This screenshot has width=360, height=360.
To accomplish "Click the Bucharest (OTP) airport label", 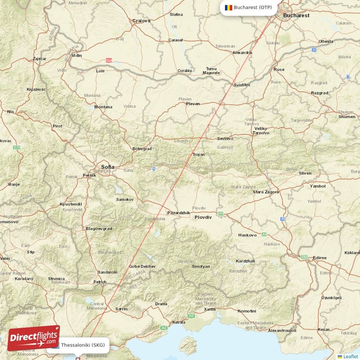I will click(252, 8).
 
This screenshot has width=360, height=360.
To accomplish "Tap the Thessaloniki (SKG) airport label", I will click(83, 345).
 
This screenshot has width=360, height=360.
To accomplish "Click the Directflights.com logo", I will click(33, 338).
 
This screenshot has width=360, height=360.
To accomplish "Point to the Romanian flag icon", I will click(228, 8).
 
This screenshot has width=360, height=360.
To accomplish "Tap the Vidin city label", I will click(77, 56).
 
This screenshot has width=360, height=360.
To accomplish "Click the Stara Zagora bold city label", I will click(265, 192).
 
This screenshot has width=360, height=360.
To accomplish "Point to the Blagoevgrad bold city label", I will click(99, 229).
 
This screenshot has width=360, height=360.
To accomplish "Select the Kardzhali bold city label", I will click(245, 261).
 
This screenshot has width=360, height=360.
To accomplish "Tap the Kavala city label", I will click(179, 322).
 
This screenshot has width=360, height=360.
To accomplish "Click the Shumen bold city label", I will click(346, 117).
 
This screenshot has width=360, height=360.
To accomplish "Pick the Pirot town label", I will click(57, 126).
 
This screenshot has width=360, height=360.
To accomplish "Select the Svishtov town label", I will click(242, 85).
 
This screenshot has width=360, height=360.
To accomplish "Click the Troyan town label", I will click(198, 154).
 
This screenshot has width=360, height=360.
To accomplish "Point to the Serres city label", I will click(121, 309).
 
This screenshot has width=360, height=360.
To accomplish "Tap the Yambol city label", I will click(317, 186).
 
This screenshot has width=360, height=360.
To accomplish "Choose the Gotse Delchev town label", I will click(142, 266).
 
